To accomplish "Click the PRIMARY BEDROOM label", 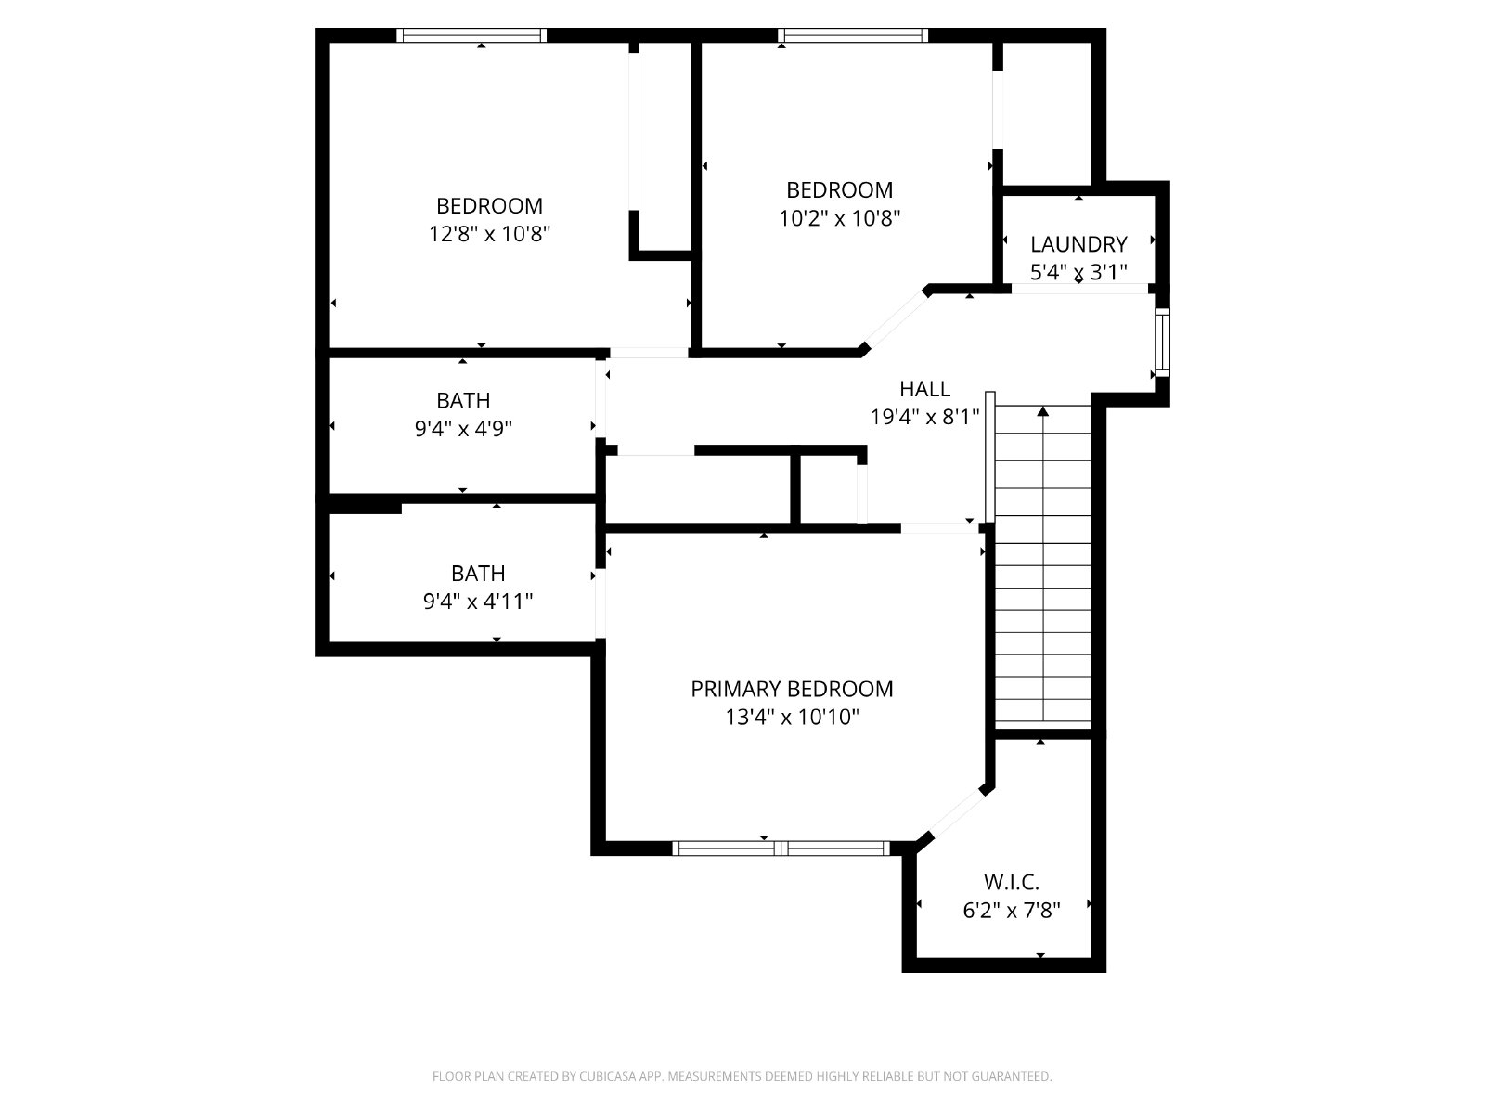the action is [x=792, y=689].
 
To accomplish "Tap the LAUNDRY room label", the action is [x=1078, y=243].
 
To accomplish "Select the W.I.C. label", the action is [x=1011, y=882].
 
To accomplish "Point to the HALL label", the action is [x=924, y=388].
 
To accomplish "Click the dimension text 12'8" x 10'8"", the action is [x=489, y=234].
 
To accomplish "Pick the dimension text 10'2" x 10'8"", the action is [x=840, y=218].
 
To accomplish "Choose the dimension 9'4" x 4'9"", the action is [x=463, y=428].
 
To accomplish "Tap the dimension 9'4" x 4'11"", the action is [x=478, y=602].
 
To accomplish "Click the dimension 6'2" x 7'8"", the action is [x=1012, y=911].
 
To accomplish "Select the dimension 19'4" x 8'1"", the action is [x=924, y=417].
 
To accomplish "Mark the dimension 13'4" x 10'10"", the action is [x=793, y=717].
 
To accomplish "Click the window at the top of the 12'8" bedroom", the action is [x=471, y=35].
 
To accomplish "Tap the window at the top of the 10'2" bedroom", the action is [x=852, y=35].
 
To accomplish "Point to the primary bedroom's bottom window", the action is [x=781, y=848].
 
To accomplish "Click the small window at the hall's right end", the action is [x=1162, y=343].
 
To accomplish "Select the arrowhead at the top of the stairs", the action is [x=1043, y=411].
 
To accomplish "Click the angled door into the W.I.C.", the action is [x=954, y=817].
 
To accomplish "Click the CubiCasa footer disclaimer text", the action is [x=742, y=1076].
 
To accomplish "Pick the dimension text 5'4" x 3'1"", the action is [x=1078, y=272].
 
